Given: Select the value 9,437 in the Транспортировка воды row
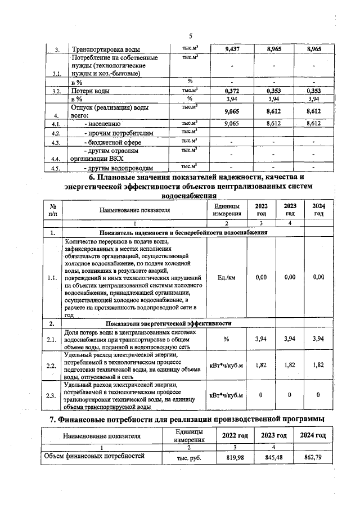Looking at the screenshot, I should pyautogui.click(x=232, y=49).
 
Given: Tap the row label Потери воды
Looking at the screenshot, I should pyautogui.click(x=89, y=91).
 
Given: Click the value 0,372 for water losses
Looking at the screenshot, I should pyautogui.click(x=232, y=91).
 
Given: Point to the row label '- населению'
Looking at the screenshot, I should pyautogui.click(x=102, y=123).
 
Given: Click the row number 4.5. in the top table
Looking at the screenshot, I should pyautogui.click(x=55, y=168).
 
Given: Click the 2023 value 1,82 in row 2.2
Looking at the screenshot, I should pyautogui.click(x=290, y=366).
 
